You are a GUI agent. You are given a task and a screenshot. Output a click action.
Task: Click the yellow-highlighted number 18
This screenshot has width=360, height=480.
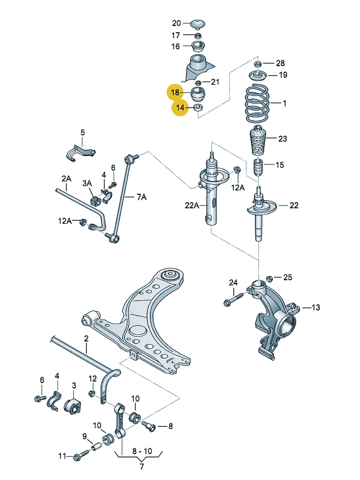click(x=175, y=92)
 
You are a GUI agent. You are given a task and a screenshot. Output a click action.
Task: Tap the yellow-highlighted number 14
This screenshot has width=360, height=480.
click(x=180, y=108)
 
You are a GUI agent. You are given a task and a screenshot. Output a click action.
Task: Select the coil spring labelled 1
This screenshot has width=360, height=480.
click(x=257, y=103)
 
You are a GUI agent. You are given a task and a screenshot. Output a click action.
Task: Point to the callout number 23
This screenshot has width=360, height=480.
click(x=283, y=139)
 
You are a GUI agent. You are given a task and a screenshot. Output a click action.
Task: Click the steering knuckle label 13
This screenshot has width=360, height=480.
click(x=316, y=307)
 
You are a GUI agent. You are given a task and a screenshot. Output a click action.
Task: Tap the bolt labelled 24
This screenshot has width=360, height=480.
click(x=234, y=299)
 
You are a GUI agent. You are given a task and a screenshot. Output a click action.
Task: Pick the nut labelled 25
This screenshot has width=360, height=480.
click(x=269, y=278)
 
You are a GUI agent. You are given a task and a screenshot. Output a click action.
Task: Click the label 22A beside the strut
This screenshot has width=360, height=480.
click(x=192, y=205)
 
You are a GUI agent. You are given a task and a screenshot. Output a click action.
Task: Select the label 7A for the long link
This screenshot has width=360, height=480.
click(x=142, y=197)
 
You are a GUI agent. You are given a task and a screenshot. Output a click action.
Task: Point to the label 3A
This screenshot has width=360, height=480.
click(x=87, y=183)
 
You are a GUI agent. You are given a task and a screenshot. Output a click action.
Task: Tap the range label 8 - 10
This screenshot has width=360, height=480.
click(x=142, y=451)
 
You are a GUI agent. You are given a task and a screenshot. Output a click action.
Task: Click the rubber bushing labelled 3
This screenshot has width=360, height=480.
click(x=72, y=406)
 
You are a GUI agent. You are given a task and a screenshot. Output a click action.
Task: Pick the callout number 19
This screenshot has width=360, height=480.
click(x=283, y=75)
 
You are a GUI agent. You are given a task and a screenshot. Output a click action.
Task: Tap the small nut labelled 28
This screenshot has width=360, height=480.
click(x=258, y=64)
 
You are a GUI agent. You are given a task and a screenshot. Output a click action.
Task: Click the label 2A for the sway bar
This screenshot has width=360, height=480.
click(x=66, y=178)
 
